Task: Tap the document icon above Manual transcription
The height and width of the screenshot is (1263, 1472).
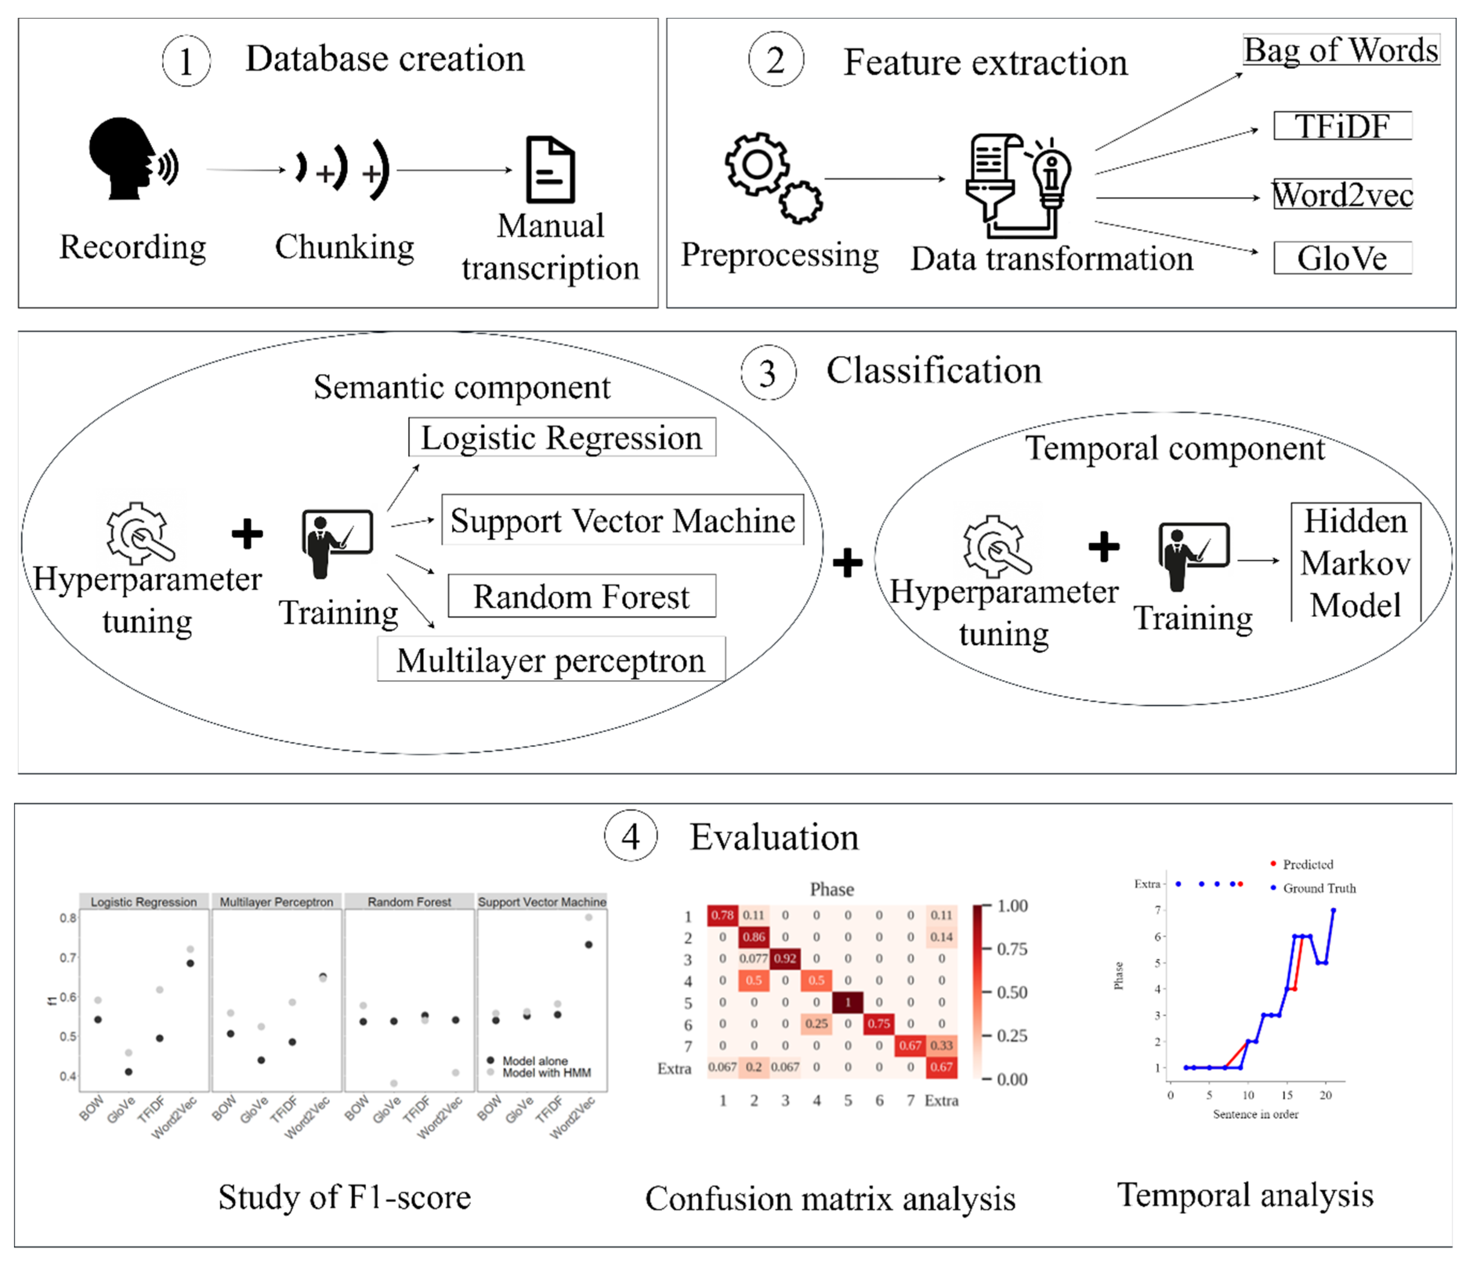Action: click(550, 170)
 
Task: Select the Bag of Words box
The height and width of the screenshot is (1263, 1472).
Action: click(1340, 51)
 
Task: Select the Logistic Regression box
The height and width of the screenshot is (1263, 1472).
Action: click(561, 437)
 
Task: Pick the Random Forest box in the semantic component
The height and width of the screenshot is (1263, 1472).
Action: click(581, 596)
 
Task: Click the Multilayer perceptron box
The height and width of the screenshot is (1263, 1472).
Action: click(551, 660)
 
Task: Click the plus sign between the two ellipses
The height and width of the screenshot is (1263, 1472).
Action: click(848, 563)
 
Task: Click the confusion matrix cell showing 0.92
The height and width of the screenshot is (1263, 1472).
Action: click(785, 958)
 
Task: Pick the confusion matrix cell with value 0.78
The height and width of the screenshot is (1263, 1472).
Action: click(723, 915)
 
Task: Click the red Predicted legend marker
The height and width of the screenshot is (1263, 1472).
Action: click(1273, 864)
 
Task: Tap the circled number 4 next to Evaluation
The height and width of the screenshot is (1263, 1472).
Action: click(631, 836)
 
